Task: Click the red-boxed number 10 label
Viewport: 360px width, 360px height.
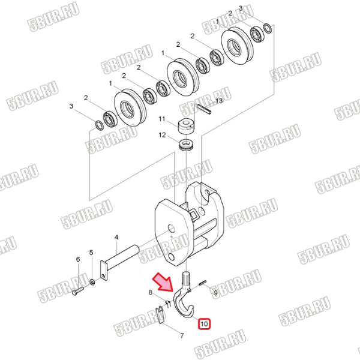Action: [x=204, y=324]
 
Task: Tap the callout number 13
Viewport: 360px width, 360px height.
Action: [x=219, y=101]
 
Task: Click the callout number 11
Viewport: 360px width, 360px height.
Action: [x=162, y=119]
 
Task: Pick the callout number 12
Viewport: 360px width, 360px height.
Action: [x=162, y=135]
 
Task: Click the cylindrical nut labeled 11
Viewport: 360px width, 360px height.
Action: [x=186, y=126]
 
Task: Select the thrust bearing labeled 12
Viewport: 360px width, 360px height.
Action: [x=187, y=145]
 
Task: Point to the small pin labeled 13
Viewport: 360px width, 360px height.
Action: [x=204, y=109]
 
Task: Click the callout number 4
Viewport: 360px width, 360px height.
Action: [x=116, y=238]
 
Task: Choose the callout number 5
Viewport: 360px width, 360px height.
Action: [x=91, y=253]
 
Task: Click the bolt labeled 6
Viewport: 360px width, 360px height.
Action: [x=78, y=291]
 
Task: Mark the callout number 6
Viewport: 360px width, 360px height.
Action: [x=78, y=259]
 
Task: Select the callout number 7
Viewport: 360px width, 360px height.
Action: [x=182, y=336]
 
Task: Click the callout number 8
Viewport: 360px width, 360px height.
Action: [x=151, y=292]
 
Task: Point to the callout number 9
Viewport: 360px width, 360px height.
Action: [x=215, y=293]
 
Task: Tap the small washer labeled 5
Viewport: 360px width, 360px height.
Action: [x=92, y=282]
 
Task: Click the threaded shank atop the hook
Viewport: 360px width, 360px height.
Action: [x=187, y=281]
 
